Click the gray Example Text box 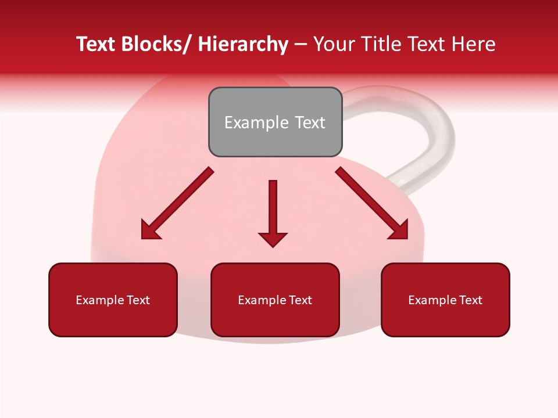coord(275,122)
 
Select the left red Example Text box coord(113,300)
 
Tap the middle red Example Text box coord(275,300)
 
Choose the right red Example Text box coord(445,300)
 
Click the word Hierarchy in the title coord(243,44)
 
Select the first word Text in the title coord(95,44)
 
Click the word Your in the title coord(334,44)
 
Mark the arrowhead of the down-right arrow coord(399,230)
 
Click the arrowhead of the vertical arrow coord(273,239)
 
